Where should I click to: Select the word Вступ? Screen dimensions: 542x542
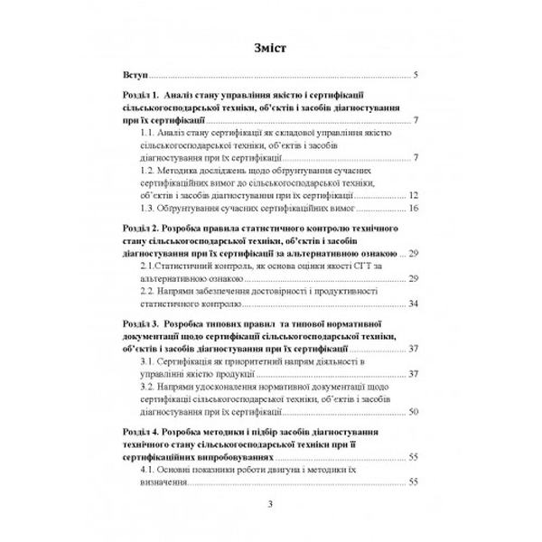coord(134,76)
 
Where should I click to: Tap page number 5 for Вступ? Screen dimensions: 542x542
coord(414,76)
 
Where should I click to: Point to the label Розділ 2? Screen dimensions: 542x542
coord(142,231)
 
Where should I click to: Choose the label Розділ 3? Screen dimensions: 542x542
coord(142,322)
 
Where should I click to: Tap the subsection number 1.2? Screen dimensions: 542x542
coord(149,169)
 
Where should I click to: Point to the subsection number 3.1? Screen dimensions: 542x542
coord(149,361)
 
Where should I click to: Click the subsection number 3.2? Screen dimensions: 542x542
coord(149,386)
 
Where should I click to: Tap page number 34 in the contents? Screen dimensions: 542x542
coord(412,303)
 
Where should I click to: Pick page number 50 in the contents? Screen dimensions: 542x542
coord(412,411)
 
